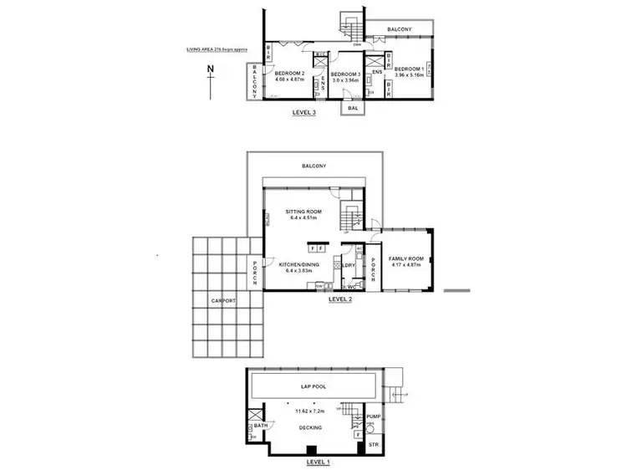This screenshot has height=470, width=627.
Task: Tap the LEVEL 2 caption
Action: tap(340, 298)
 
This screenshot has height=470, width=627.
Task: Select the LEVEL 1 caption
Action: tap(319, 462)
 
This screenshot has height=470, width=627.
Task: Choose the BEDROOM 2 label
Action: tap(292, 74)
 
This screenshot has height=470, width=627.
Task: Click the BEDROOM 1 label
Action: tap(410, 69)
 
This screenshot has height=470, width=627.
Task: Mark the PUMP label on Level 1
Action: tap(373, 416)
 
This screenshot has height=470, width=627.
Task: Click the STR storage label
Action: tap(373, 445)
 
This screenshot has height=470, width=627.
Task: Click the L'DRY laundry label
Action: tap(349, 267)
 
